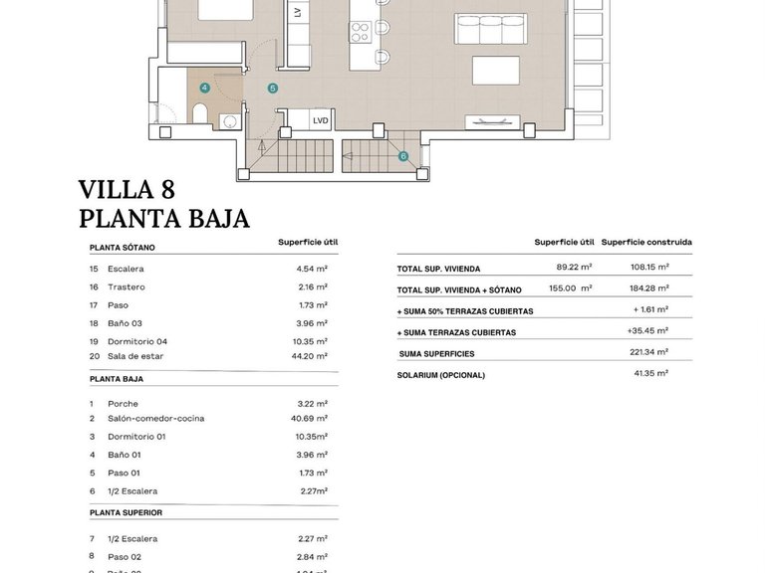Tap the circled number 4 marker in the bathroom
click(204, 88)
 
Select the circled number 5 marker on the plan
click(272, 89)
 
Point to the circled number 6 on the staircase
click(403, 156)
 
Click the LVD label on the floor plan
click(320, 120)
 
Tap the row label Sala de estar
click(138, 356)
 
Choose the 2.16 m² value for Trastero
click(312, 286)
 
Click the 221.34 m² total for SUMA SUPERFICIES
click(648, 353)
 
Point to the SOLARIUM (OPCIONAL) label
click(440, 375)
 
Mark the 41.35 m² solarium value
click(650, 373)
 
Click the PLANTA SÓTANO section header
click(122, 247)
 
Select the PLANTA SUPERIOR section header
click(126, 512)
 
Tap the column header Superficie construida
click(646, 242)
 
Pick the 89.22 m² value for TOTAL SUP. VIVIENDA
click(574, 267)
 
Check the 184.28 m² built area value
click(648, 287)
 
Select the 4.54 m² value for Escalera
click(312, 269)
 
